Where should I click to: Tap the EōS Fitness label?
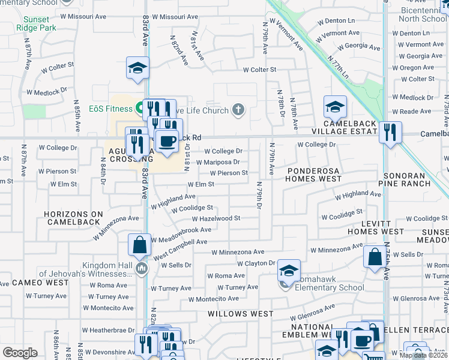(110, 109)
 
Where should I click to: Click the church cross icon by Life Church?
(238, 109)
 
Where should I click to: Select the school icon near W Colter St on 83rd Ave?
(137, 68)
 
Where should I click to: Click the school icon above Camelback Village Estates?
(335, 107)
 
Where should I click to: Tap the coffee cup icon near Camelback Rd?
(166, 141)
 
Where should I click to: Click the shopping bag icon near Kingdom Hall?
(139, 245)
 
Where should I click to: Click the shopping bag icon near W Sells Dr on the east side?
(375, 257)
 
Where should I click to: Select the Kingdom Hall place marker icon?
(142, 268)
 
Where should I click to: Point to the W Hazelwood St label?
(215, 218)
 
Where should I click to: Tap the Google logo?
(20, 353)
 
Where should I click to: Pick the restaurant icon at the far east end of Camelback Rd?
(390, 132)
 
